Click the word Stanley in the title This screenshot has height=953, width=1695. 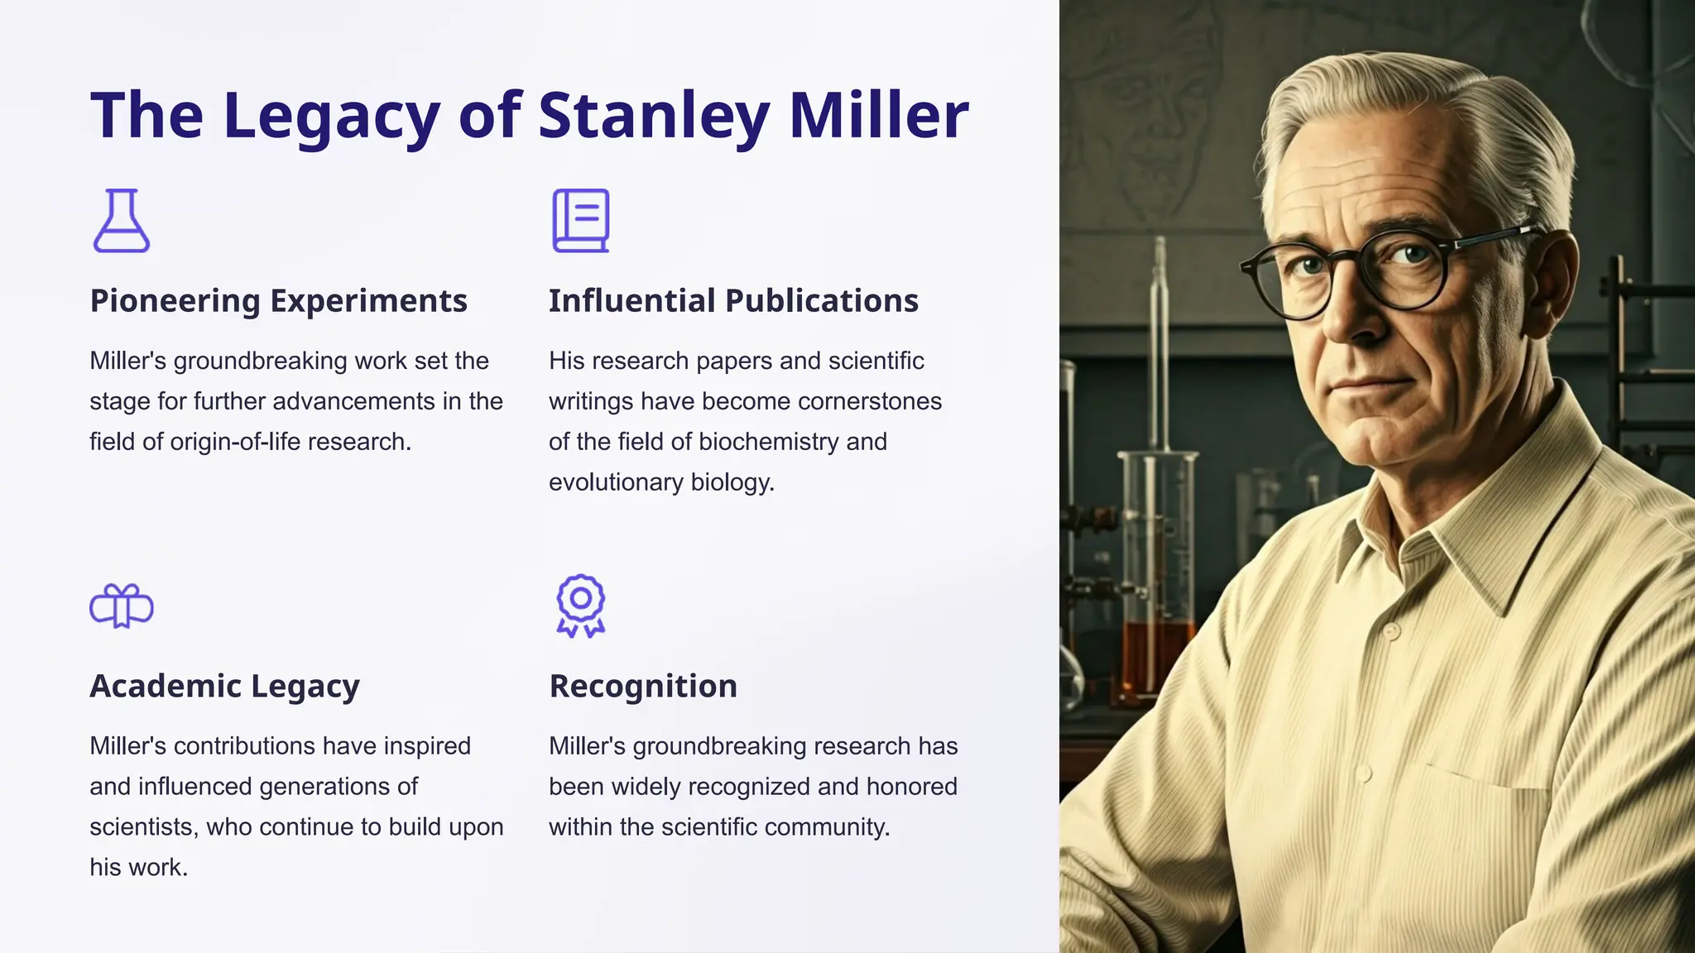[x=654, y=115]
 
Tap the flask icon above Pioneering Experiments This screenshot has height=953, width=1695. [x=122, y=221]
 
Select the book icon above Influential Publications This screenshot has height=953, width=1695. [x=581, y=221]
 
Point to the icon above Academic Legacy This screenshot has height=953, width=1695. [x=122, y=606]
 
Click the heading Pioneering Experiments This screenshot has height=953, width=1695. [x=278, y=301]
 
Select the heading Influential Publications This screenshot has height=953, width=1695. [x=733, y=301]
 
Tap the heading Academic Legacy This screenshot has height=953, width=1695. [x=224, y=687]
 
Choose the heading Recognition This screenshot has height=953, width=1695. [x=643, y=687]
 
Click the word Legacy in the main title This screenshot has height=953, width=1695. [x=331, y=115]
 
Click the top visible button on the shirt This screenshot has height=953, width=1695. [x=1391, y=631]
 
